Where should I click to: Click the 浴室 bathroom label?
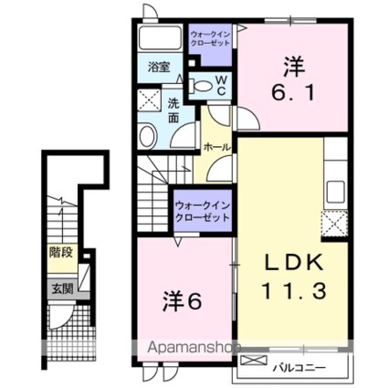click(159, 67)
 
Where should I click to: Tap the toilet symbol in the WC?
click(200, 86)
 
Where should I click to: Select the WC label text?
click(221, 86)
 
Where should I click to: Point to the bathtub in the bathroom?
click(160, 37)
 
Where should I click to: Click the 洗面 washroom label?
click(173, 110)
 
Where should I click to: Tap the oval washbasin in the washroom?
click(148, 136)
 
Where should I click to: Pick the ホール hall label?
click(216, 147)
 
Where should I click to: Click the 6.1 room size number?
click(293, 92)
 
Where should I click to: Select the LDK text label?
click(294, 263)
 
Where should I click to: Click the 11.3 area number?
click(294, 290)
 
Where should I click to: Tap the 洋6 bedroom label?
click(182, 301)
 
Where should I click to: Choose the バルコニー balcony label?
click(299, 368)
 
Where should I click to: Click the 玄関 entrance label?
click(62, 288)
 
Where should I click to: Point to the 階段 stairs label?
click(61, 252)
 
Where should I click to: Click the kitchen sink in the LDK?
click(335, 193)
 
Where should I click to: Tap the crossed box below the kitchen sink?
click(334, 224)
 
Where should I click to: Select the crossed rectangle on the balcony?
click(254, 361)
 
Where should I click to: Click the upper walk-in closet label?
click(210, 38)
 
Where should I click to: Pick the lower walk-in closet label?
click(203, 212)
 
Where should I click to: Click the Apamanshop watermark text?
click(194, 348)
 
